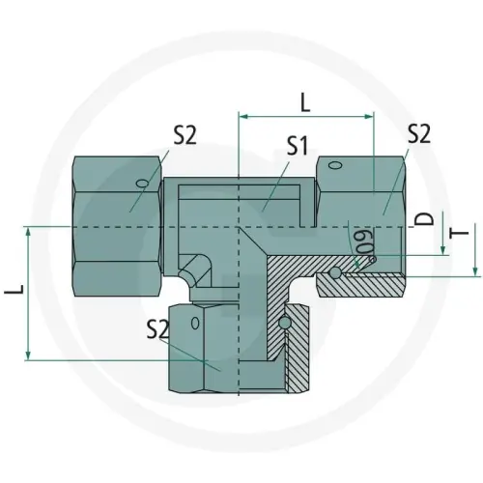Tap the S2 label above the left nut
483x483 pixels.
[x=185, y=134]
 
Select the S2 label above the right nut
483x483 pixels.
[x=418, y=134]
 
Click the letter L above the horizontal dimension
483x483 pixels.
[x=305, y=100]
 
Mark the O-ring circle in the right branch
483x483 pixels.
[x=334, y=273]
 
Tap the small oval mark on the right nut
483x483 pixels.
[x=334, y=165]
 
